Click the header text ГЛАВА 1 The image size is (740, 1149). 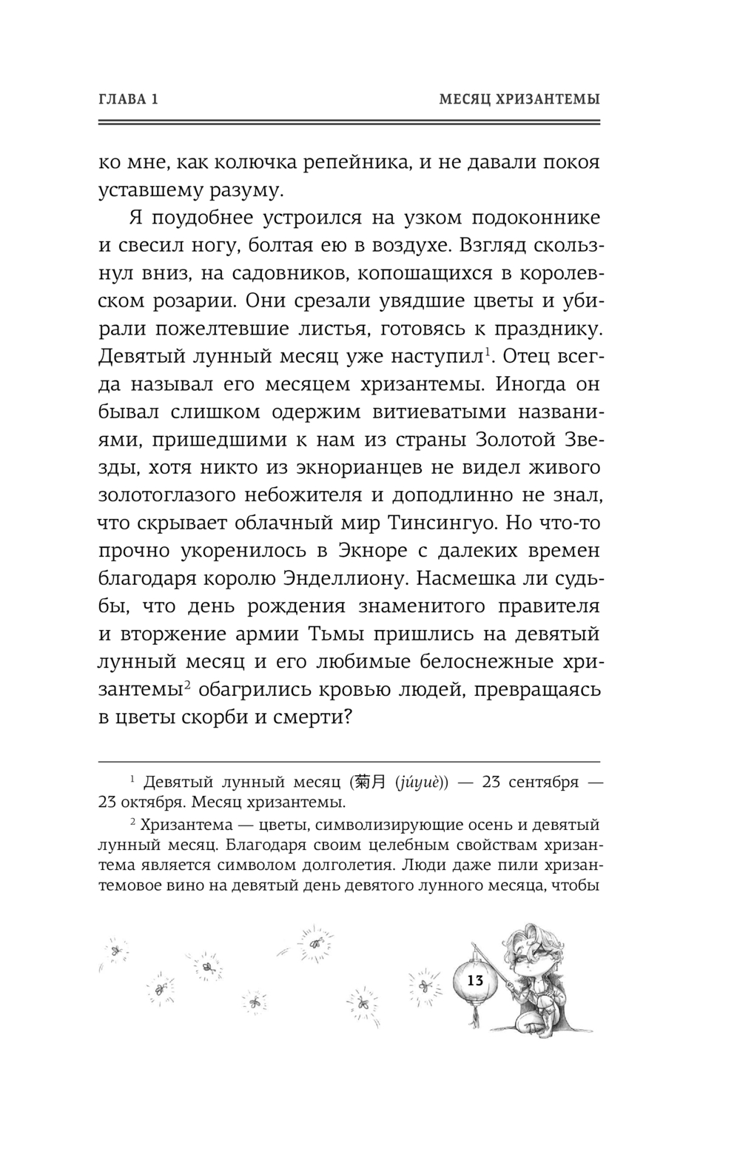(128, 98)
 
